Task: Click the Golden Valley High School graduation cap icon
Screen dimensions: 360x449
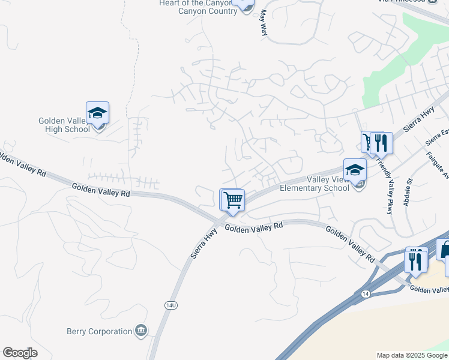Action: tap(97, 113)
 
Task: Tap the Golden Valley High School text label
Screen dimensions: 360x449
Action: tap(64, 125)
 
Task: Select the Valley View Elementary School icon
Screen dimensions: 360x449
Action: tap(355, 170)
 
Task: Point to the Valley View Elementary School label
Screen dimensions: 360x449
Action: tap(315, 184)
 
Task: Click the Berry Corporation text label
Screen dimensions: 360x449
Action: tap(99, 331)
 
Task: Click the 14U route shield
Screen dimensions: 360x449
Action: tap(170, 305)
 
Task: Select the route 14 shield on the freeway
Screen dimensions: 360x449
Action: tap(366, 293)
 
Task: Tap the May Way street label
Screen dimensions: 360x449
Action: tap(263, 25)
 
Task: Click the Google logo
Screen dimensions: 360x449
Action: tap(20, 353)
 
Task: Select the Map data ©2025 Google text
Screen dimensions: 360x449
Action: tap(412, 355)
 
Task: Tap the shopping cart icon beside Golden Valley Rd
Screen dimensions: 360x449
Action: tap(232, 200)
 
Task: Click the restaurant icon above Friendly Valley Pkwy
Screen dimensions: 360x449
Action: tap(381, 143)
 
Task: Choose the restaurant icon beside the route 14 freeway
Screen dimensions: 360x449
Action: tap(415, 259)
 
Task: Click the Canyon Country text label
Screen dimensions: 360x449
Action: tap(204, 11)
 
